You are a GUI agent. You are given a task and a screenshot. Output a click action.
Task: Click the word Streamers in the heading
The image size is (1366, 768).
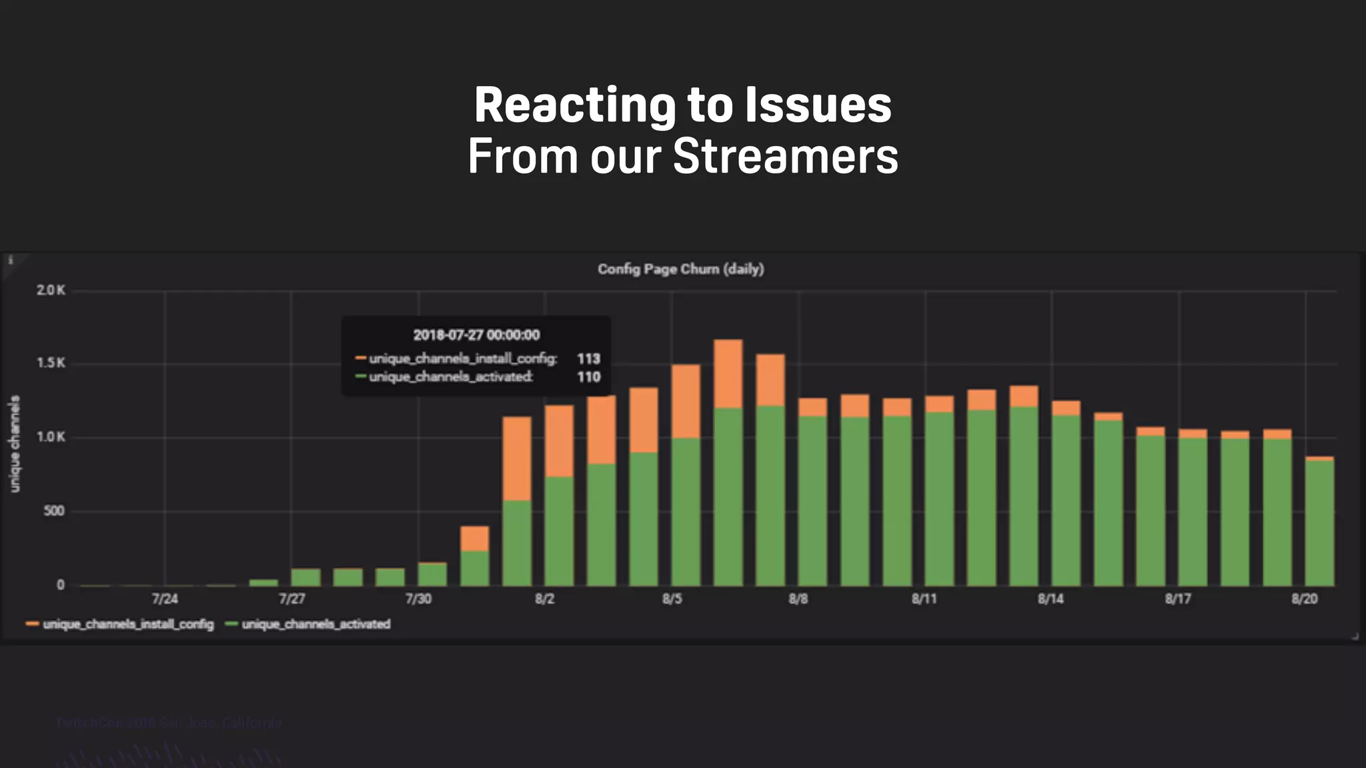[785, 157]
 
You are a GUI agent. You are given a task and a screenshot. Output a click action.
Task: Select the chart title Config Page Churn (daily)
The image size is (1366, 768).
[680, 269]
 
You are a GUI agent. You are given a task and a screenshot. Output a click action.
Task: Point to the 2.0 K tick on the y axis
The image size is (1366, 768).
[51, 291]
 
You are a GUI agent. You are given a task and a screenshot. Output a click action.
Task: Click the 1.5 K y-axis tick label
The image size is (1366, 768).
[51, 363]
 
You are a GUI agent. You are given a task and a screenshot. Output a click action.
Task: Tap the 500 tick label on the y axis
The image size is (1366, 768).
[53, 511]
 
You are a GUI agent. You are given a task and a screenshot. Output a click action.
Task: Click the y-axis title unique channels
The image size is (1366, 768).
[15, 443]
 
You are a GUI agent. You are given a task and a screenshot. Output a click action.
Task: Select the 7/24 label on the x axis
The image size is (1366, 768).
[165, 599]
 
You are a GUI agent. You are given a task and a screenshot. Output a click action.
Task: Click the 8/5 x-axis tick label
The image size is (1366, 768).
[672, 599]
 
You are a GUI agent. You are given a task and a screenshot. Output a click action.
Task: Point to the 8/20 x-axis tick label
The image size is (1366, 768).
[1304, 599]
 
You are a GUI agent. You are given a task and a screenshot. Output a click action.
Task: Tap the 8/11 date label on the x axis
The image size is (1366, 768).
[924, 599]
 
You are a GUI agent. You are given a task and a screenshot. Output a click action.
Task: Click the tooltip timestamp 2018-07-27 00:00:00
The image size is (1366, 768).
[476, 335]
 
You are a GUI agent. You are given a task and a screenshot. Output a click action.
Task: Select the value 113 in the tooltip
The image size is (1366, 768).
[588, 359]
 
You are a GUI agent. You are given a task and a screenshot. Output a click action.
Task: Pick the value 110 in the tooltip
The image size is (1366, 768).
[588, 377]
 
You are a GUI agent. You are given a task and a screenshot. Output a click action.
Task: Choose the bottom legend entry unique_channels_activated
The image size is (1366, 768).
[315, 625]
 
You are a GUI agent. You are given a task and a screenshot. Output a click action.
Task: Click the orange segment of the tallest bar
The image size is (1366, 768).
[728, 373]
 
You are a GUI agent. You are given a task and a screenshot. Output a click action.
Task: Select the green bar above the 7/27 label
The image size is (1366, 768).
[305, 577]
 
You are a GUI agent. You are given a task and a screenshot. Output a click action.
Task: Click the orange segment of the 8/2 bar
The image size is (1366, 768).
[559, 440]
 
